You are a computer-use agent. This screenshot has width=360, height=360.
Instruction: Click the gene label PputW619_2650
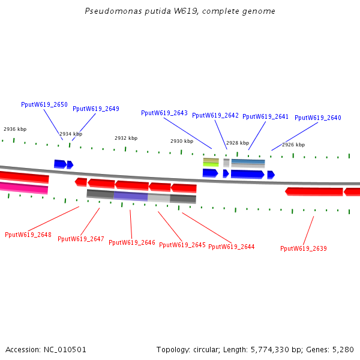click(x=44, y=104)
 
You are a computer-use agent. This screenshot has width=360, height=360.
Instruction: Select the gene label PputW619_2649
click(x=96, y=109)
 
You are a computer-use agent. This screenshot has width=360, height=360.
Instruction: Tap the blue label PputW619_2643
click(x=164, y=113)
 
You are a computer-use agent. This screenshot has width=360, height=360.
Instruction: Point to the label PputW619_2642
click(x=215, y=115)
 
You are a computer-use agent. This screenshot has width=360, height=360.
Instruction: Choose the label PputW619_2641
click(x=265, y=116)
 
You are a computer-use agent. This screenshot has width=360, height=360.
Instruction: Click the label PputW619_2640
click(x=317, y=118)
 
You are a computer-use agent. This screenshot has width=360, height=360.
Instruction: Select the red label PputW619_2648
click(x=28, y=235)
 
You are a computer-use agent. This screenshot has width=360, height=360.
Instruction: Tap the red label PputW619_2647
click(x=81, y=239)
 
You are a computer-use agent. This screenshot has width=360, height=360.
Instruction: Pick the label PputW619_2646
click(x=132, y=243)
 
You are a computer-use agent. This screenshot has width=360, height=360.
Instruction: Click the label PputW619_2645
click(x=182, y=245)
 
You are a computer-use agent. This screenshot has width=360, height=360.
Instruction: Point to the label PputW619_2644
click(x=232, y=247)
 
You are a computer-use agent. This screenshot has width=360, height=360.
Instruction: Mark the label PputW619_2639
click(x=304, y=248)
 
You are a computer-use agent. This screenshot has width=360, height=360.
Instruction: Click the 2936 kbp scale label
click(x=15, y=129)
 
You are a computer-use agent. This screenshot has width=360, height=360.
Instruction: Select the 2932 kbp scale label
click(x=126, y=138)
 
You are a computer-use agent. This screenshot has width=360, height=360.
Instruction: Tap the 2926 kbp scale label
click(x=293, y=145)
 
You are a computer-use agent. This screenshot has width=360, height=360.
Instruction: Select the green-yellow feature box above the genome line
click(x=211, y=162)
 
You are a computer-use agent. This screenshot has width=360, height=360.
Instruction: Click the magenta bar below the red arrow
click(x=24, y=188)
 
